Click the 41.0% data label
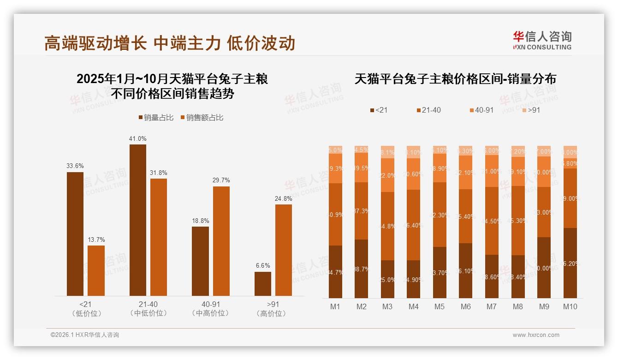tap(138, 138)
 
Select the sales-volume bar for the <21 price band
tap(75, 234)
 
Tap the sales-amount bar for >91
tap(284, 250)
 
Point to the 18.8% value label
tap(200, 221)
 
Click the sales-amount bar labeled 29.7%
tap(221, 241)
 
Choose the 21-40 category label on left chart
tap(148, 305)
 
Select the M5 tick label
tap(440, 307)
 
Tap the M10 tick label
tap(570, 307)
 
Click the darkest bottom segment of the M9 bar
tap(544, 268)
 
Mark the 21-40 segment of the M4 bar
tap(414, 225)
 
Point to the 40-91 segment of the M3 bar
tap(387, 175)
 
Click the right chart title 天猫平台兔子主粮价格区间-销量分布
tap(455, 79)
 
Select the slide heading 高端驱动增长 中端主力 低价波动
tap(170, 43)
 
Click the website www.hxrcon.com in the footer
tap(536, 335)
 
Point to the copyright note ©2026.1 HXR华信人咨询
tap(85, 335)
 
